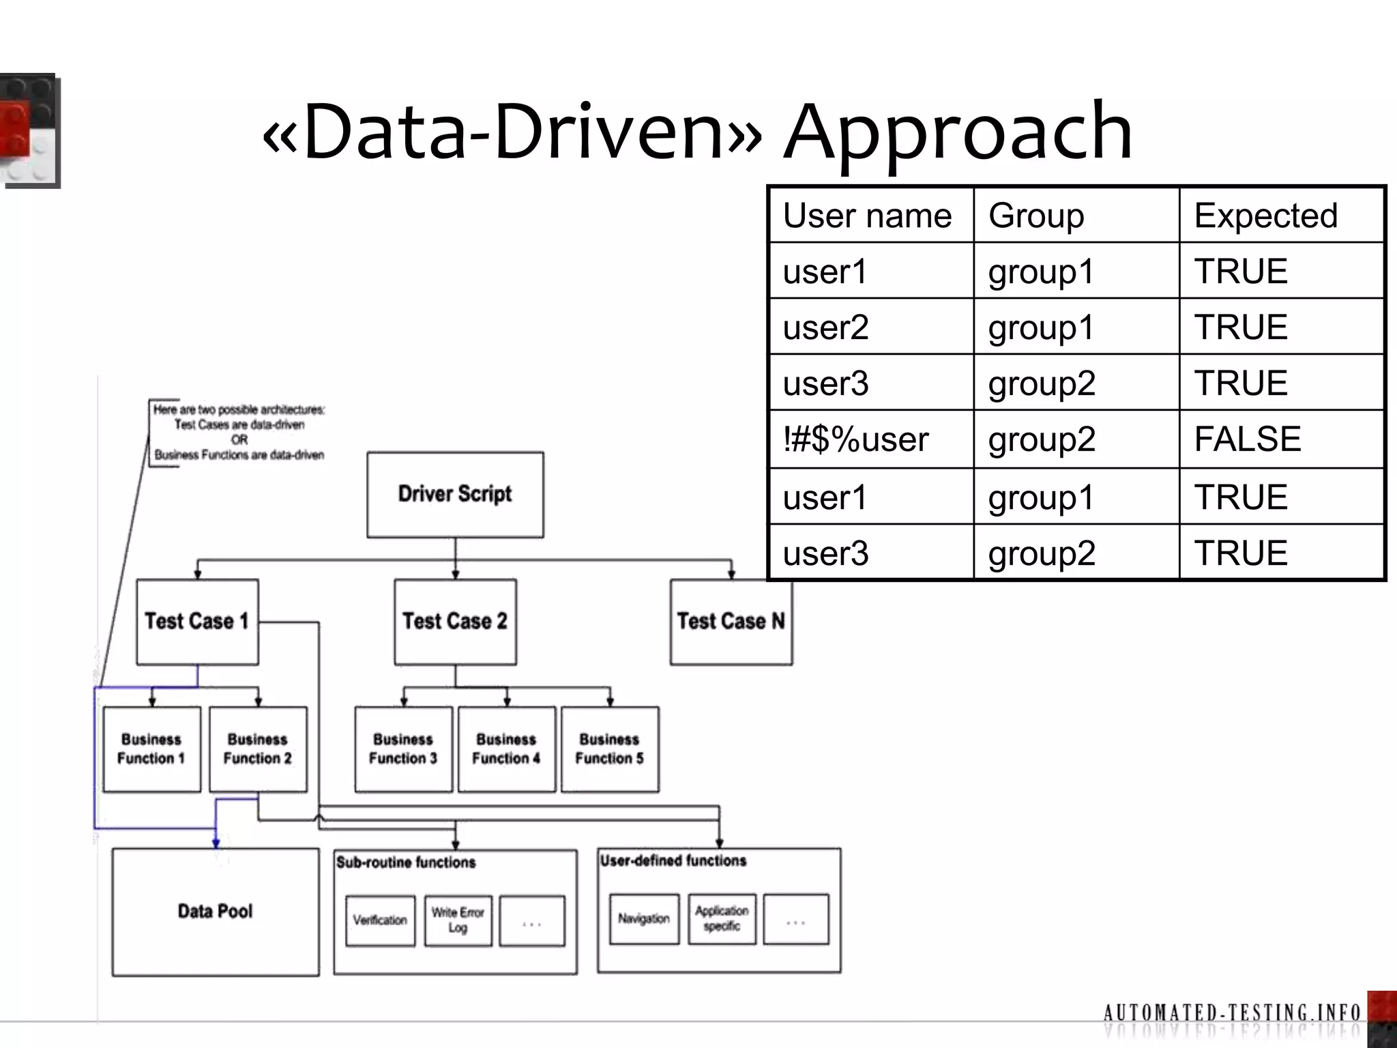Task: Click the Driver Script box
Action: coord(455,494)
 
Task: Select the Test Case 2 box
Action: coord(455,622)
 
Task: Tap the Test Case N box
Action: coord(731,622)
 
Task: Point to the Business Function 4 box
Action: coord(506,749)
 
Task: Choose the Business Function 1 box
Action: coord(151,749)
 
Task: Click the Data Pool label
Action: coord(215,912)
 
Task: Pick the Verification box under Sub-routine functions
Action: coord(380,920)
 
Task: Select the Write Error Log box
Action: coord(458,920)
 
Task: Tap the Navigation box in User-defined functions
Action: coord(644,919)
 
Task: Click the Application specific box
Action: coord(722,919)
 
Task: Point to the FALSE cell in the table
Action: coord(1247,439)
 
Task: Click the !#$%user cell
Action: coord(856,439)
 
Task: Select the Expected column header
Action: coord(1265,216)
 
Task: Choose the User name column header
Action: coord(867,216)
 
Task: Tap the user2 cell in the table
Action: coord(826,327)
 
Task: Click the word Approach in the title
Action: coord(958,131)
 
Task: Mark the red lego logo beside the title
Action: coord(29,130)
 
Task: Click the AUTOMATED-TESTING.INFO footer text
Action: coord(1232,1012)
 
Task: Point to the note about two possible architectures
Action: coord(239,432)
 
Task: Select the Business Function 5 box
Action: coord(609,749)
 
